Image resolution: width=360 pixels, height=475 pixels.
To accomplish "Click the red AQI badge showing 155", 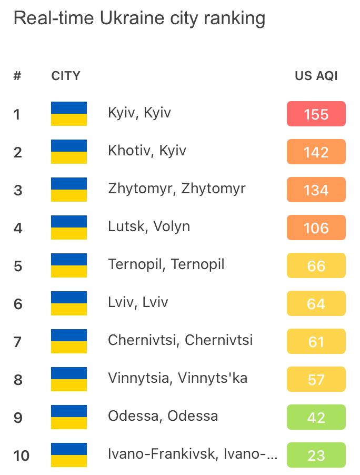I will [316, 114].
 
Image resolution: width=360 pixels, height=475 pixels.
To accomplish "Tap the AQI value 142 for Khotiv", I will [316, 152].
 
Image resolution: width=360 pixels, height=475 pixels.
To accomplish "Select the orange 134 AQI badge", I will [316, 190].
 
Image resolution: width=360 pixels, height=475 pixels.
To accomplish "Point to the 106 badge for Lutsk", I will [316, 227].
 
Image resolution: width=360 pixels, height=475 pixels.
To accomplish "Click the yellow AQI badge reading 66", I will [316, 265].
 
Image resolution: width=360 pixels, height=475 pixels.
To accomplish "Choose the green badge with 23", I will [316, 455].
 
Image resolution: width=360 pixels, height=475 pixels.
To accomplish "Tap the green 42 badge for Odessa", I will [316, 417].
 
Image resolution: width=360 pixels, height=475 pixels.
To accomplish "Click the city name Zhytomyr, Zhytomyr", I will [176, 189].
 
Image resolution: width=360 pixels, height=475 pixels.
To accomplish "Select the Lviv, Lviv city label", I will [138, 302].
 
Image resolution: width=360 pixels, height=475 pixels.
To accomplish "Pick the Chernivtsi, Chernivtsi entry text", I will [180, 340].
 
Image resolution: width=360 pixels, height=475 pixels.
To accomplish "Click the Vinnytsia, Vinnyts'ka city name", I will [177, 378].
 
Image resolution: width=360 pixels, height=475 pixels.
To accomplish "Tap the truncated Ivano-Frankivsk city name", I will [192, 454].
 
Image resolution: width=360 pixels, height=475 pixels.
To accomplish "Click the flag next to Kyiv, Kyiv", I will [69, 114].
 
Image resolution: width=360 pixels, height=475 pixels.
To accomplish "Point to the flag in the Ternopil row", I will [69, 265].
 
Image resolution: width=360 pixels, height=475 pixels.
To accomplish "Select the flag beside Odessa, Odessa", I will [69, 417].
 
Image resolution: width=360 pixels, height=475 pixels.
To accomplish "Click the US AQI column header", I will [316, 76].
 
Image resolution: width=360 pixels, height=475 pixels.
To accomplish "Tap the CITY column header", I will [66, 76].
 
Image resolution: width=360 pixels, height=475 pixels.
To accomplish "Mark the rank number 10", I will [22, 456].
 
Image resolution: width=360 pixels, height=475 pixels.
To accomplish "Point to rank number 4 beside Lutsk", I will [18, 228].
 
